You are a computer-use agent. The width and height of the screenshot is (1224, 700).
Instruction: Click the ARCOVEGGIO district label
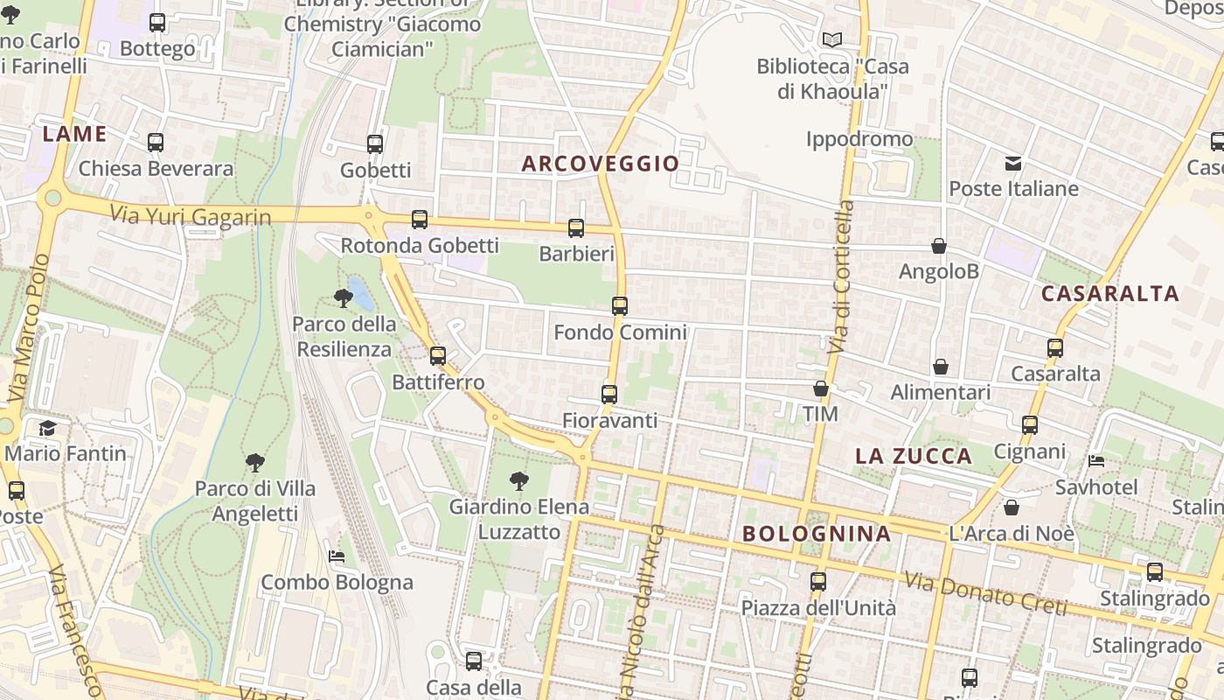pyautogui.click(x=601, y=164)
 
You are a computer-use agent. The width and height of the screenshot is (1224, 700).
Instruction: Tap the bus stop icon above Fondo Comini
pyautogui.click(x=620, y=306)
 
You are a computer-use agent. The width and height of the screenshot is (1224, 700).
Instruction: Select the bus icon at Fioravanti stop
pyautogui.click(x=609, y=395)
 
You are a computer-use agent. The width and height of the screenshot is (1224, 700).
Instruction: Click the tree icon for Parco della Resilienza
pyautogui.click(x=344, y=298)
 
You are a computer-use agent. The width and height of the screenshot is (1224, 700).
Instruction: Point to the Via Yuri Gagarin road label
pyautogui.click(x=191, y=215)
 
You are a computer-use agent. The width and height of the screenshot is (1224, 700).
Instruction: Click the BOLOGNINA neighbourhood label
pyautogui.click(x=817, y=534)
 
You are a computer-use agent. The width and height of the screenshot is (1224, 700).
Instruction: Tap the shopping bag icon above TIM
pyautogui.click(x=821, y=388)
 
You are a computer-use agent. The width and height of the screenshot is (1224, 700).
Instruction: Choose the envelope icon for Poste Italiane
pyautogui.click(x=1013, y=163)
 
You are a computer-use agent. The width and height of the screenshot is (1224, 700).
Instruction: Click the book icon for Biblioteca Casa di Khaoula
pyautogui.click(x=831, y=40)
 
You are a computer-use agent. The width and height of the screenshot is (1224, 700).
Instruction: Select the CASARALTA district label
pyautogui.click(x=1110, y=294)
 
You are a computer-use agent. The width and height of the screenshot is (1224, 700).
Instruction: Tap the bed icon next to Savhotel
pyautogui.click(x=1096, y=461)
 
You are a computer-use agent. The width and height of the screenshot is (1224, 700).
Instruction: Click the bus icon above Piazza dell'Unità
pyautogui.click(x=818, y=582)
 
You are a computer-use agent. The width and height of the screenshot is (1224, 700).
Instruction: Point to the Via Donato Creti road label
pyautogui.click(x=985, y=594)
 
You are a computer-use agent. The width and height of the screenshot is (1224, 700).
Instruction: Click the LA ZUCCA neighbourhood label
pyautogui.click(x=914, y=456)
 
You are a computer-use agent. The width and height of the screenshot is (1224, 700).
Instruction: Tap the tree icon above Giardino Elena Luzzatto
pyautogui.click(x=519, y=480)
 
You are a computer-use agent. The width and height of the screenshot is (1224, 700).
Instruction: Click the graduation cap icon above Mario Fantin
pyautogui.click(x=47, y=429)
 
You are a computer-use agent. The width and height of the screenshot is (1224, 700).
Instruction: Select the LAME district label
pyautogui.click(x=74, y=135)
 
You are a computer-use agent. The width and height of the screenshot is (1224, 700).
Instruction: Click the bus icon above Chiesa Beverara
pyautogui.click(x=156, y=143)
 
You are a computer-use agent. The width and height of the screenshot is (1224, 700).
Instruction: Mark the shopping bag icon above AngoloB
pyautogui.click(x=939, y=246)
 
